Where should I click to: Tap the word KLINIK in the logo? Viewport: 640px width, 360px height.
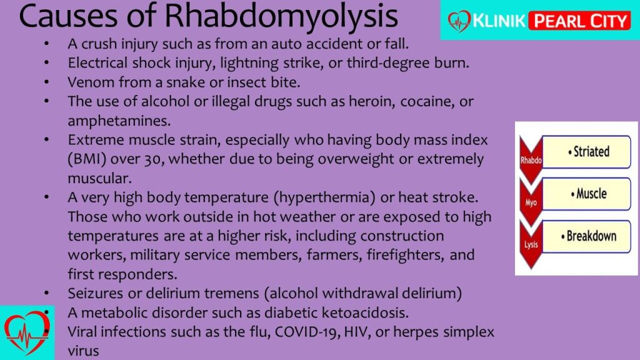pyautogui.click(x=499, y=21)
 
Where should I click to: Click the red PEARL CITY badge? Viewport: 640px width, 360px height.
pyautogui.click(x=580, y=21)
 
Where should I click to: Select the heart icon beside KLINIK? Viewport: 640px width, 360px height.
pyautogui.click(x=459, y=21)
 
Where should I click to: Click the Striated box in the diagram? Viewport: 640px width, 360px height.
pyautogui.click(x=586, y=152)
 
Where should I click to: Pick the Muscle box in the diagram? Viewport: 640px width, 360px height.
pyautogui.click(x=586, y=194)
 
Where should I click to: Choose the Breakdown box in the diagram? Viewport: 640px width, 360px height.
pyautogui.click(x=586, y=236)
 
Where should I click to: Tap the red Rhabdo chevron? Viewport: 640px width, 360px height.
pyautogui.click(x=531, y=160)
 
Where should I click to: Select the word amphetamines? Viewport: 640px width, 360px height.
pyautogui.click(x=119, y=121)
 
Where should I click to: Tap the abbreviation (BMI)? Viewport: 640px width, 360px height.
pyautogui.click(x=87, y=159)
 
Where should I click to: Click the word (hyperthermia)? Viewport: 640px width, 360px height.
pyautogui.click(x=324, y=198)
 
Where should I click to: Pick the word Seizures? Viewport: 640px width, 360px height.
pyautogui.click(x=96, y=293)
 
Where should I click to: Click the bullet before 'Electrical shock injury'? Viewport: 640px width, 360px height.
pyautogui.click(x=46, y=63)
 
